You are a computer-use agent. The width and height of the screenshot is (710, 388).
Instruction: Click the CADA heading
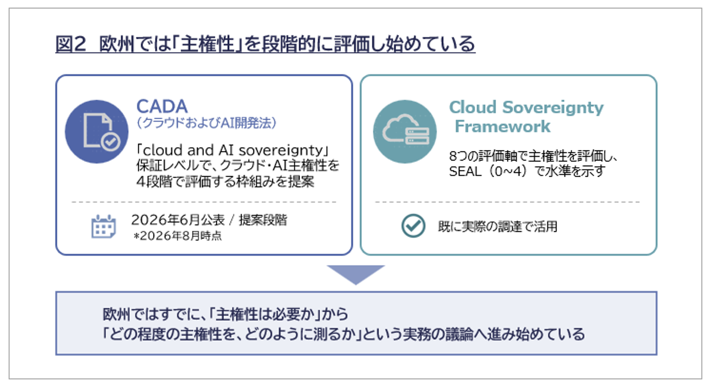(x=162, y=106)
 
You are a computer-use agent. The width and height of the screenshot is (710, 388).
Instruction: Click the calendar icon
(x=103, y=226)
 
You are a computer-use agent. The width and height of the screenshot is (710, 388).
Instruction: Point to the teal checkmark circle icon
(x=413, y=226)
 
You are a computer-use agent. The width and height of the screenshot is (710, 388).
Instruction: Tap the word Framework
(x=503, y=126)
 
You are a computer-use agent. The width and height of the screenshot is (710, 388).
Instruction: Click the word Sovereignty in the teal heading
(x=553, y=108)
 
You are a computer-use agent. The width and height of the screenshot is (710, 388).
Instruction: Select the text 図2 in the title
(x=71, y=44)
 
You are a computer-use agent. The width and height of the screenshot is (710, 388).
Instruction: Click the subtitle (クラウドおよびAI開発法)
(x=206, y=123)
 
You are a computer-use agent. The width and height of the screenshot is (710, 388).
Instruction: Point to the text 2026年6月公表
(x=178, y=220)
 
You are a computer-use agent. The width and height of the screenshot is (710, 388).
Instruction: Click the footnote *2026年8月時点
(x=177, y=236)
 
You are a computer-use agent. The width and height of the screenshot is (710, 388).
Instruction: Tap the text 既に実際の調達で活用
(x=498, y=226)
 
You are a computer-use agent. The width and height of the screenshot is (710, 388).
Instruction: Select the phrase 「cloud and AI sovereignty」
(x=232, y=150)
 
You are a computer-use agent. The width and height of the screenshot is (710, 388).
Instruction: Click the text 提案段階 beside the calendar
(x=263, y=220)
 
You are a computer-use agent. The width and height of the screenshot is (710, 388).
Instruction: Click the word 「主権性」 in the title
(x=207, y=44)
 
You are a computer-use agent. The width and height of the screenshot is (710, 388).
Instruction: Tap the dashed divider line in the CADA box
(x=204, y=202)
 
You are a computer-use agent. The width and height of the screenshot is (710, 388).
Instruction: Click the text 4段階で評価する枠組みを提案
(x=225, y=182)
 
